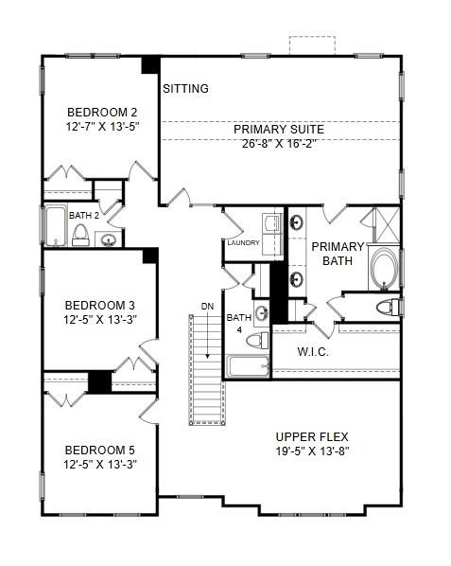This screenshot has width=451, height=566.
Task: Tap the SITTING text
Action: coord(185,89)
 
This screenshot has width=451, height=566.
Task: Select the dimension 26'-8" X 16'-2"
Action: coord(279,145)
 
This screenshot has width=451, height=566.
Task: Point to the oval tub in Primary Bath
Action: coord(384,269)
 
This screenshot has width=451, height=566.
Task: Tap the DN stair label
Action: coord(208,307)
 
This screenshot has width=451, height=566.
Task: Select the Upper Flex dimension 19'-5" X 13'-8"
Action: coord(312,451)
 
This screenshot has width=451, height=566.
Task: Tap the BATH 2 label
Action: coord(83,215)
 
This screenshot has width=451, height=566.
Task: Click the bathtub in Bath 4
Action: coord(247,366)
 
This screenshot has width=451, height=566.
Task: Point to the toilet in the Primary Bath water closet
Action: coord(387,307)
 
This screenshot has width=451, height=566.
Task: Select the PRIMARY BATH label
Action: coord(338,254)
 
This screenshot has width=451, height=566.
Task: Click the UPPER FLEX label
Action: coord(312,436)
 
